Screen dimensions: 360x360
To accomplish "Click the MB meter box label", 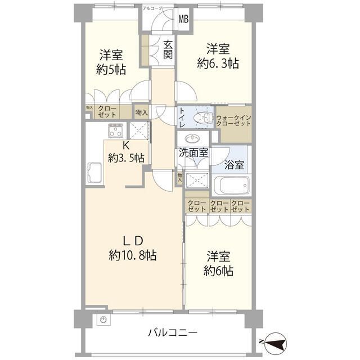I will coord(184,18).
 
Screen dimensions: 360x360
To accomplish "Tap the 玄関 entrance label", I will coord(168,49).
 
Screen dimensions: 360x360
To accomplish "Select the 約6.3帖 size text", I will coord(217,64).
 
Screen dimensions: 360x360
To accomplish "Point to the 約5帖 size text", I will coord(111,70).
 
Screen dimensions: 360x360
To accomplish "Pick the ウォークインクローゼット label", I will coord(234,120).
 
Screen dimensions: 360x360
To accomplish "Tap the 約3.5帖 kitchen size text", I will coord(127,157).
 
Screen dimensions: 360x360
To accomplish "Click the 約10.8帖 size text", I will coord(133,255).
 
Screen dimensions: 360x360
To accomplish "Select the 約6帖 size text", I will coord(218,270).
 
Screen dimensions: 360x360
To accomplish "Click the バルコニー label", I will coord(173,333).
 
